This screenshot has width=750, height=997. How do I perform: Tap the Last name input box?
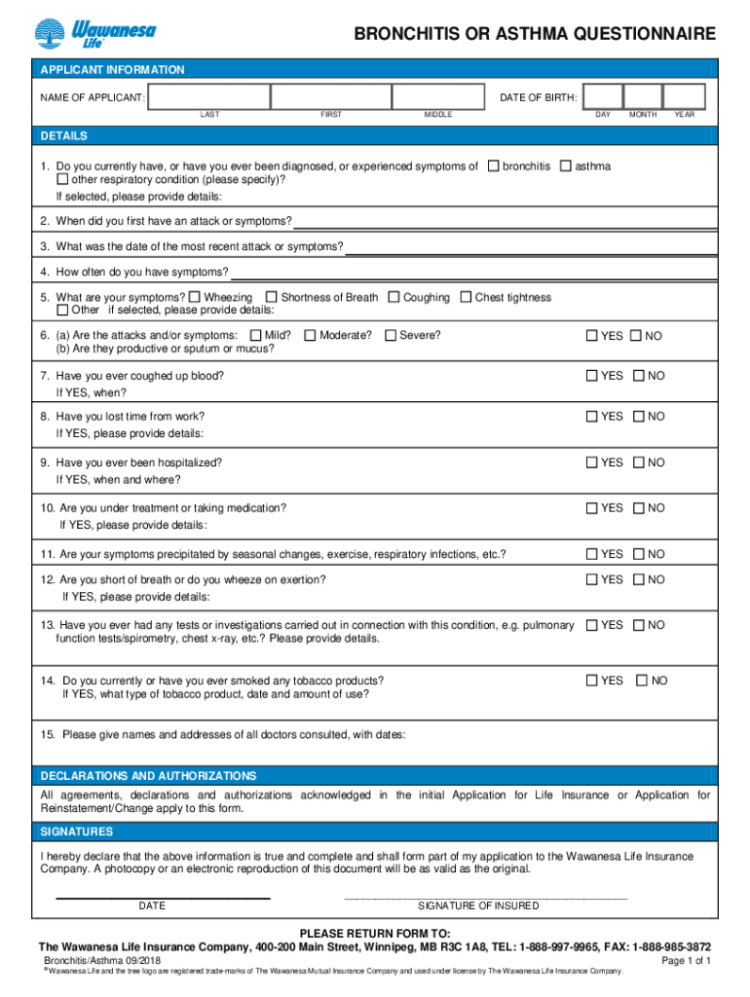pyautogui.click(x=209, y=96)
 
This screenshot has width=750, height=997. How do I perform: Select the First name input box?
pyautogui.click(x=330, y=96)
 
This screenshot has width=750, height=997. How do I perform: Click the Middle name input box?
pyautogui.click(x=437, y=96)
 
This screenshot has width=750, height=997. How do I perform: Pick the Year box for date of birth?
pyautogui.click(x=685, y=96)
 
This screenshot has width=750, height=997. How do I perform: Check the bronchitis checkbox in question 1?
pyautogui.click(x=494, y=166)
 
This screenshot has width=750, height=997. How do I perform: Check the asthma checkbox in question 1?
pyautogui.click(x=566, y=166)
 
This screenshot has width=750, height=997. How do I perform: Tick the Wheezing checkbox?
pyautogui.click(x=196, y=297)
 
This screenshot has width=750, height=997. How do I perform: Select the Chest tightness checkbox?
pyautogui.click(x=467, y=297)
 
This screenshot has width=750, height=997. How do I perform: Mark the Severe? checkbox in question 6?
pyautogui.click(x=391, y=336)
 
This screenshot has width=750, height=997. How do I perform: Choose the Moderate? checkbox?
pyautogui.click(x=311, y=336)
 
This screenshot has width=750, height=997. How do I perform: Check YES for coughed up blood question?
pyautogui.click(x=591, y=375)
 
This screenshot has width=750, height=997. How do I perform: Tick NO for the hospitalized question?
pyautogui.click(x=638, y=462)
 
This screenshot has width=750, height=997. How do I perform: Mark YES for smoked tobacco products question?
pyautogui.click(x=591, y=681)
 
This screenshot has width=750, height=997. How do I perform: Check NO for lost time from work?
pyautogui.click(x=638, y=416)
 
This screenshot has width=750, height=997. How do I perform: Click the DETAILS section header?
pyautogui.click(x=63, y=135)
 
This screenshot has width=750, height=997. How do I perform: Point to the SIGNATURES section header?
pyautogui.click(x=76, y=831)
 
